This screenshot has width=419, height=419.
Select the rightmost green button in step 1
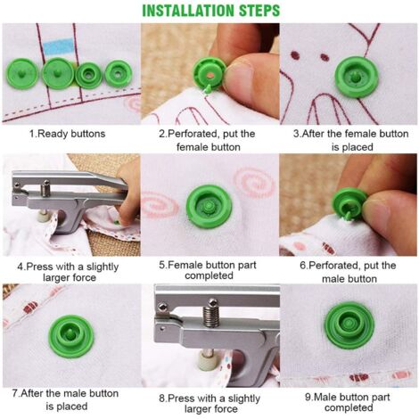[117, 72]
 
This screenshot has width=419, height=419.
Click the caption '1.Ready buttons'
[68, 134]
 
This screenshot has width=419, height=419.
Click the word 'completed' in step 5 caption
[209, 276]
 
